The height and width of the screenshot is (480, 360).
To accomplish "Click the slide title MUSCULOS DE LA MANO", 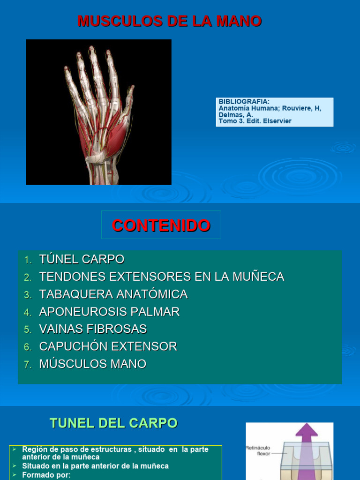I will pos(169,21).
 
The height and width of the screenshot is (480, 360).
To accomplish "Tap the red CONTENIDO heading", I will pos(161,225).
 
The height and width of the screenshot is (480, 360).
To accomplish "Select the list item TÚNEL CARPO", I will pos(82,259).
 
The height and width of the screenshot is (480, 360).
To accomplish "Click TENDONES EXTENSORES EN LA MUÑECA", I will pos(162,277).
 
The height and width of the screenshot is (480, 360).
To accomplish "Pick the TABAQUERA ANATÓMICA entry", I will pos(113,294).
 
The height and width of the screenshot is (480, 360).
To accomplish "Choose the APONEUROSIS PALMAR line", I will pos(109,312).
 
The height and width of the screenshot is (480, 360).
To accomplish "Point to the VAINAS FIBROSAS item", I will pos(93,329).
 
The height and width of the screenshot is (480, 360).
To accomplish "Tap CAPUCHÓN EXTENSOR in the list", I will pos(108,347).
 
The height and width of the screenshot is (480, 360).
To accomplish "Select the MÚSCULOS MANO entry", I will pos(93,364).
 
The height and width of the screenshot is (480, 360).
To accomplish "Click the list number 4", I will pos(28,312).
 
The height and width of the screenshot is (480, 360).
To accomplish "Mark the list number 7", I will pos(28,365).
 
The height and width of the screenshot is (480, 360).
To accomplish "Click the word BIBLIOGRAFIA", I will pos(244,102).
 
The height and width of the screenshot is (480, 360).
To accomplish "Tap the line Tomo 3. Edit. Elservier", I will pos(255,121).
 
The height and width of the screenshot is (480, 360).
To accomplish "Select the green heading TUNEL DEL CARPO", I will pos(113,423).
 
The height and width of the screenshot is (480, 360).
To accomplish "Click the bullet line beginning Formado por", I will pos(46,475).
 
